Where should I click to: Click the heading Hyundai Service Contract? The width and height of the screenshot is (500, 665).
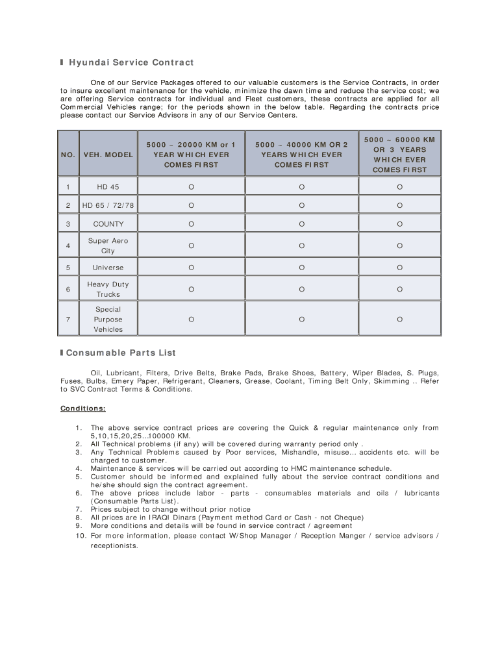[131, 63]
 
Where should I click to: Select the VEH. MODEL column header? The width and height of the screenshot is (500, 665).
[108, 155]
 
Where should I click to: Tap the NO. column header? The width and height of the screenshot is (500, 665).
[68, 155]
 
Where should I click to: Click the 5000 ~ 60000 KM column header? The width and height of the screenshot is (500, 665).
[399, 155]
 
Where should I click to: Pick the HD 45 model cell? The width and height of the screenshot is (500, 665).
[108, 187]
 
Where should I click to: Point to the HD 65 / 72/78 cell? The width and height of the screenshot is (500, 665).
[108, 206]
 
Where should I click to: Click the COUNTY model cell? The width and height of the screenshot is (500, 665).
[108, 224]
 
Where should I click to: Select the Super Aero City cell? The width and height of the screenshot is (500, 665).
[108, 245]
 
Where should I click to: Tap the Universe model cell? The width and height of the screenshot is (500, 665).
[108, 268]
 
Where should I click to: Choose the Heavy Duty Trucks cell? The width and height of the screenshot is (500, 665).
[108, 289]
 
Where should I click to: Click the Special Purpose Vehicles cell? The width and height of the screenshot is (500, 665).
[108, 320]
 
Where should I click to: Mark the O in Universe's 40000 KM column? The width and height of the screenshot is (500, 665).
[302, 268]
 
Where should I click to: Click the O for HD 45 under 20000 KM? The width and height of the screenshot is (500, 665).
[191, 187]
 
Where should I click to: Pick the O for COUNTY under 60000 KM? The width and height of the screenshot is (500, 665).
[399, 224]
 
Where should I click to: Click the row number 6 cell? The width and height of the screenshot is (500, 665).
[68, 289]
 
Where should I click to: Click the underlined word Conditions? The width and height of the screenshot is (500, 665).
[82, 408]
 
